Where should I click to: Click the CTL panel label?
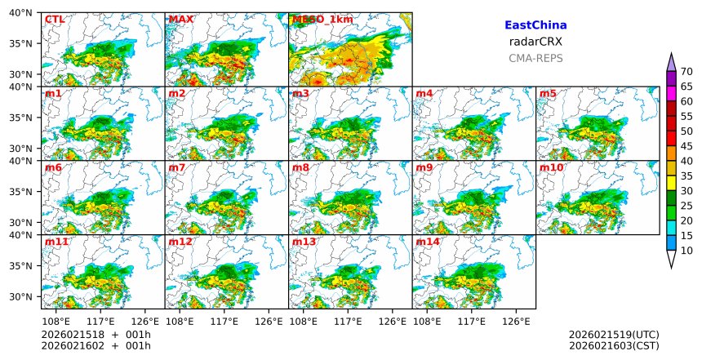55,19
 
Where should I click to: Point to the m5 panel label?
548,93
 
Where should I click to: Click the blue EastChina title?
535,25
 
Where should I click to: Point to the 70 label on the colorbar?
686,72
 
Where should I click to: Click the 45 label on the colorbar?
686,146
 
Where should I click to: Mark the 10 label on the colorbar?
686,251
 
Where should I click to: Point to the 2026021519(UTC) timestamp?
614,335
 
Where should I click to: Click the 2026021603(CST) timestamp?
614,345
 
